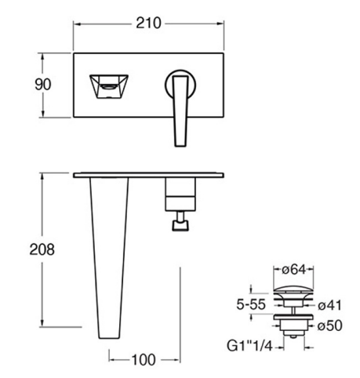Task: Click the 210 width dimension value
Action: [148, 23]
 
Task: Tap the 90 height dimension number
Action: [43, 85]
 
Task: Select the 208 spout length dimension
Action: [42, 249]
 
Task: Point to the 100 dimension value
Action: [144, 360]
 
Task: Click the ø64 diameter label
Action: [293, 270]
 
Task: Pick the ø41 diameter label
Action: [329, 305]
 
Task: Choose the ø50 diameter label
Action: [329, 325]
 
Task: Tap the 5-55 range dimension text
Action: [251, 304]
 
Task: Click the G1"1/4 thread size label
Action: [249, 347]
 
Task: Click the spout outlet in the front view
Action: [109, 86]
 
